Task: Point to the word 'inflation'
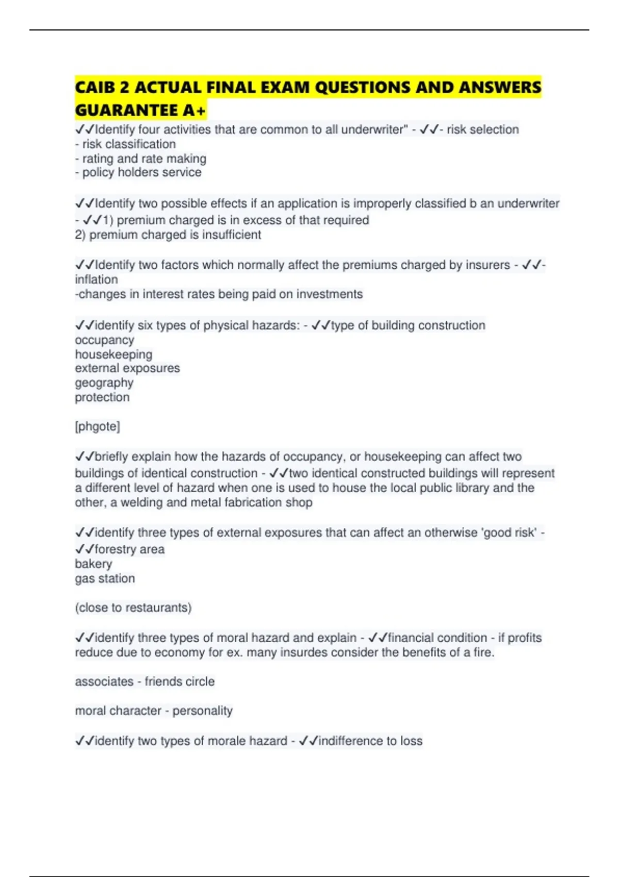tap(96, 280)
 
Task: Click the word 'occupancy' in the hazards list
tap(105, 340)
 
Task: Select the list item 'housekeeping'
tap(113, 354)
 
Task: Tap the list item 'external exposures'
tap(127, 368)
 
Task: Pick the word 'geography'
tap(104, 383)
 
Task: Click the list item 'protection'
tap(102, 397)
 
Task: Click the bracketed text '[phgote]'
tap(97, 427)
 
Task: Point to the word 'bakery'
tap(93, 564)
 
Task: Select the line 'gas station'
tap(105, 578)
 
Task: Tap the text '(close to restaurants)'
tap(133, 608)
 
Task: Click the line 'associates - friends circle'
tap(144, 681)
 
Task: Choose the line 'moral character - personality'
tap(154, 711)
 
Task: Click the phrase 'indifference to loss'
tap(370, 741)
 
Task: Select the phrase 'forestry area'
tap(129, 549)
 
